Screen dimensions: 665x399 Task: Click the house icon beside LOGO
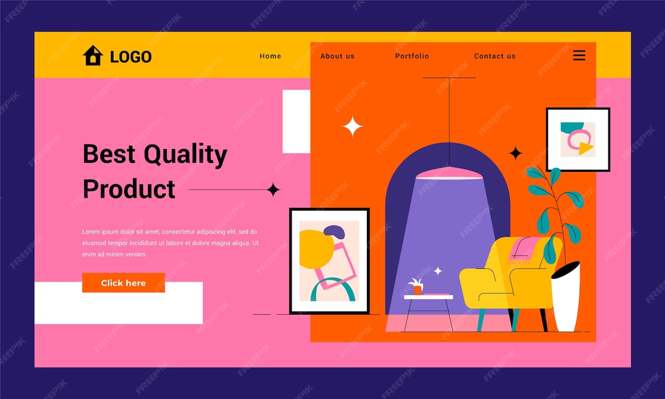click(93, 55)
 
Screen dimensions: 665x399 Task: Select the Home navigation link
click(270, 56)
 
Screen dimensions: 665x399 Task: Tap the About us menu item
click(337, 56)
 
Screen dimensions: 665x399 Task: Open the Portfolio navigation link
click(412, 56)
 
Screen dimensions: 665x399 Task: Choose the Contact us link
click(494, 56)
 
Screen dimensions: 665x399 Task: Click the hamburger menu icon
click(579, 55)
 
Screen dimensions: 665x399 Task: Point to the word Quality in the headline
click(186, 155)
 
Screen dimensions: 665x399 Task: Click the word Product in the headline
click(129, 189)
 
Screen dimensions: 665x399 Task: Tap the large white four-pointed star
click(352, 126)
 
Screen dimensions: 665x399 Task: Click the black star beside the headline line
click(273, 190)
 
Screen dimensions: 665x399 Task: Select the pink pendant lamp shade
click(449, 173)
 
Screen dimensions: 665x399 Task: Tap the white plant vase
click(566, 297)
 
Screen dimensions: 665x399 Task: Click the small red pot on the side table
click(417, 290)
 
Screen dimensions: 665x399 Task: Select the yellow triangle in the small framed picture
click(585, 148)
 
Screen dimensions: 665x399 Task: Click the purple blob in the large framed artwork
click(335, 232)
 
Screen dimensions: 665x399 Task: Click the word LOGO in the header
click(131, 57)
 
